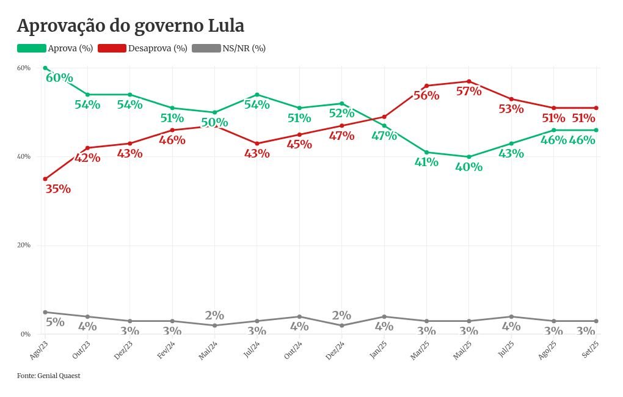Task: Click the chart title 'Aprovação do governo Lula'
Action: [130, 26]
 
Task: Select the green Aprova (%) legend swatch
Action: [32, 48]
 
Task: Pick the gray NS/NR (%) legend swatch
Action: [206, 48]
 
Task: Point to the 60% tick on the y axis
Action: [24, 68]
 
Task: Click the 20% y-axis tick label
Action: [24, 246]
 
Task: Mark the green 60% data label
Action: [59, 78]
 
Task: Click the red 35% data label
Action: [58, 189]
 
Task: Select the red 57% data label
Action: [468, 92]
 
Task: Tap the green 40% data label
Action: [468, 167]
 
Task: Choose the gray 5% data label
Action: [54, 322]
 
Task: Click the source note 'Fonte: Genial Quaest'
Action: [48, 376]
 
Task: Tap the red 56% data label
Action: [426, 96]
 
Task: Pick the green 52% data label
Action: [341, 113]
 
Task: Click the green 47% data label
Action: [384, 136]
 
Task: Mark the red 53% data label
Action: [511, 109]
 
